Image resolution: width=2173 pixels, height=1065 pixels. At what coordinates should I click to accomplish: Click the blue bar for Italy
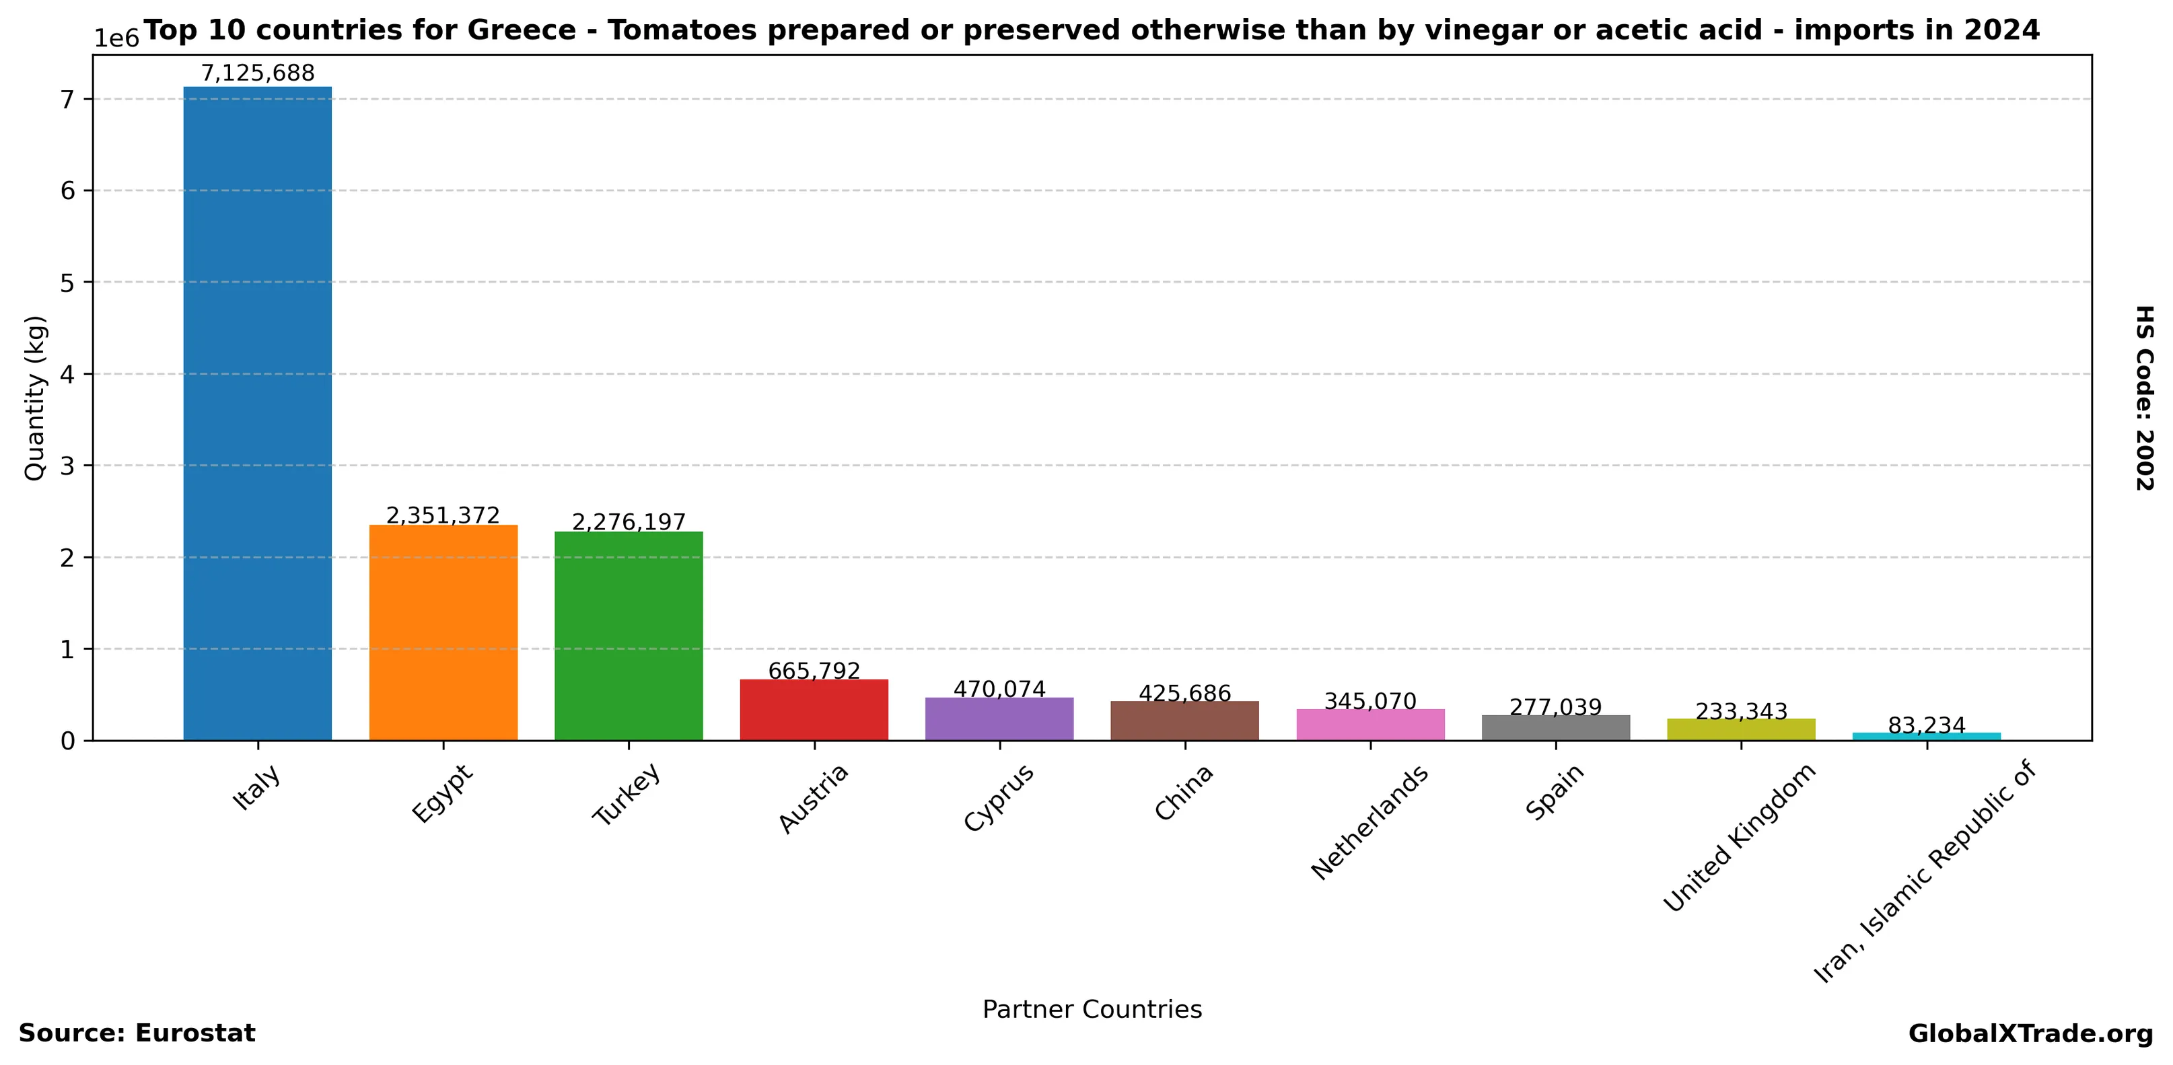coord(257,413)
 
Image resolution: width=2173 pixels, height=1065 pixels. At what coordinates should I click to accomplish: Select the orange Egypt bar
coord(443,632)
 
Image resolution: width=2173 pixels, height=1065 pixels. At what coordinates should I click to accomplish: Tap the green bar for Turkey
coord(629,636)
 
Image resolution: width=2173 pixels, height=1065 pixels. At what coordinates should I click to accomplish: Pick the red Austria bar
coord(814,710)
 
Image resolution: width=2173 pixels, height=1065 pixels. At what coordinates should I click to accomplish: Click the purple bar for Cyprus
coord(999,719)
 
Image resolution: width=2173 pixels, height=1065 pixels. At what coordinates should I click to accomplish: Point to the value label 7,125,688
coord(257,73)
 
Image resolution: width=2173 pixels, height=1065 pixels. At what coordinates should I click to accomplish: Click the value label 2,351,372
coord(443,515)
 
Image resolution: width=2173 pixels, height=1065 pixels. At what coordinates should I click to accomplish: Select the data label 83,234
coord(1927,725)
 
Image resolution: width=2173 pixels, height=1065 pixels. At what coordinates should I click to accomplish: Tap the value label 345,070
coord(1370,701)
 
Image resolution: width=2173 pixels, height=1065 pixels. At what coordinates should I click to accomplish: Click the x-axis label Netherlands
coord(1370,822)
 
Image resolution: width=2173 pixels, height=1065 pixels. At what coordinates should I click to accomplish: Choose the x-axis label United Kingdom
coord(1740,838)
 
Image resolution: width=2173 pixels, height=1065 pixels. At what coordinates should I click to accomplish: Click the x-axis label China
coord(1184,792)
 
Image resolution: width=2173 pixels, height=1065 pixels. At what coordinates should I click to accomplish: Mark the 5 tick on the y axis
coord(67,283)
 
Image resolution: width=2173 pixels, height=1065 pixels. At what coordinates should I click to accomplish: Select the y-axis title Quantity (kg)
coord(34,398)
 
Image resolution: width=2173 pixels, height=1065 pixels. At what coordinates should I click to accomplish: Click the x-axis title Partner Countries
coord(1092,1009)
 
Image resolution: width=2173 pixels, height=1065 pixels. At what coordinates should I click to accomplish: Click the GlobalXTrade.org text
coord(2030,1034)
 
